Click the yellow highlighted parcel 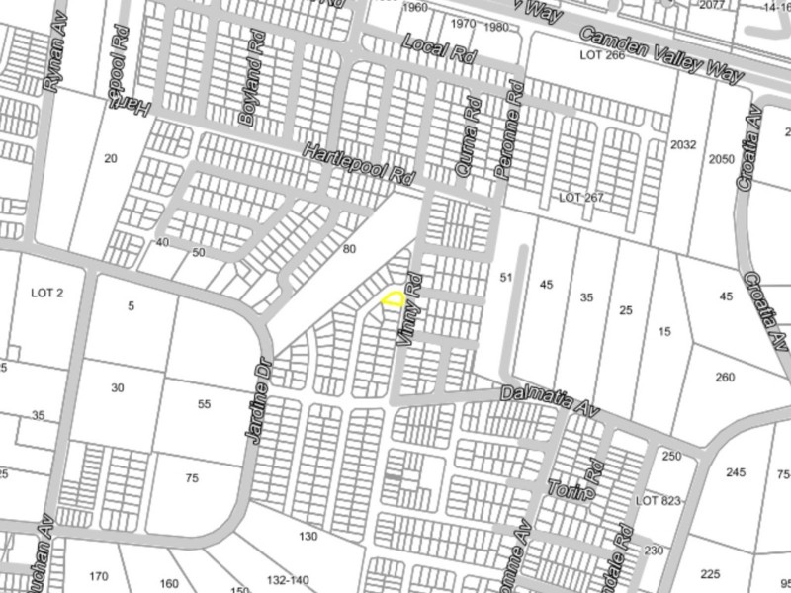tap(394, 297)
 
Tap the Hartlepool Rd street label tap(357, 165)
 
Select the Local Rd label tap(440, 51)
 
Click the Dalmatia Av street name tap(551, 398)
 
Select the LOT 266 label tap(603, 56)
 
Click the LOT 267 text tap(580, 198)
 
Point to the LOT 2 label tap(46, 293)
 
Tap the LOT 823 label tap(659, 501)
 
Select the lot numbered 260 tap(725, 378)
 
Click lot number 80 tap(348, 249)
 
